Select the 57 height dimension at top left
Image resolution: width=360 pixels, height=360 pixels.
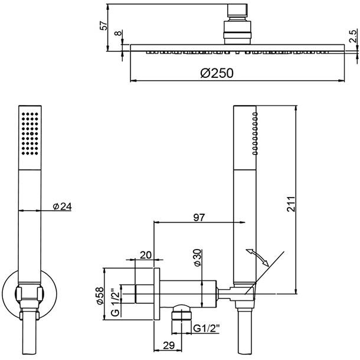104,26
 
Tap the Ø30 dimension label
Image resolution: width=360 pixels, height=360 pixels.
198,258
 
